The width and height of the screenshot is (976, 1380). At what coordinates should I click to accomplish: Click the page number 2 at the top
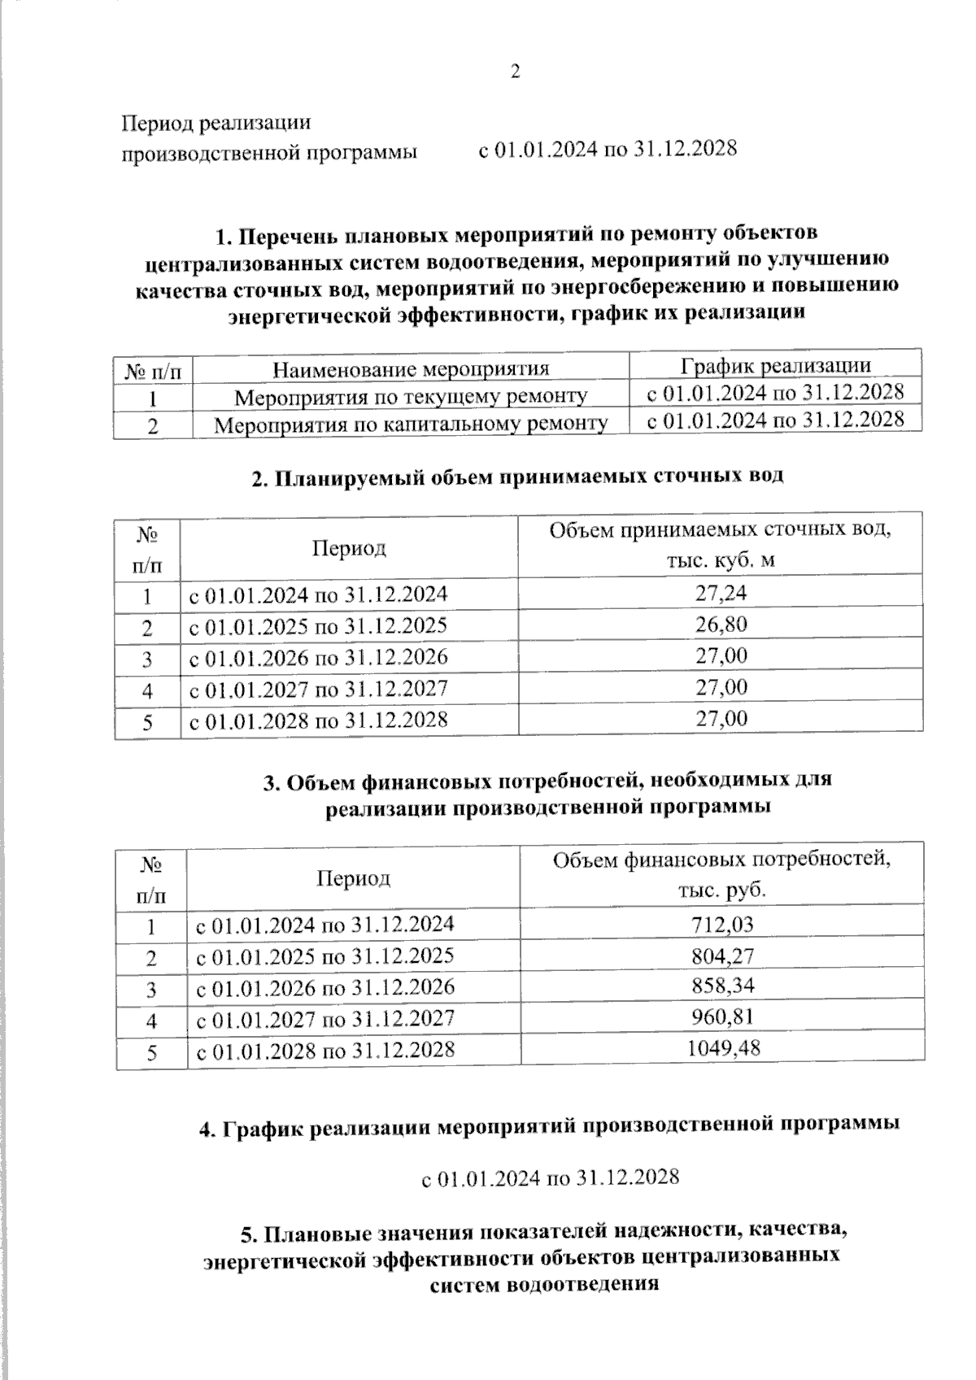click(514, 72)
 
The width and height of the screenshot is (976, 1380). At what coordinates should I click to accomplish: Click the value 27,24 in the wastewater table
click(721, 593)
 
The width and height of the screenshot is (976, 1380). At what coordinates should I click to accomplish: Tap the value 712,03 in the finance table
click(722, 924)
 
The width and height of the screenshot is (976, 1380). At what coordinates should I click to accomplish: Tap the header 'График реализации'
click(775, 366)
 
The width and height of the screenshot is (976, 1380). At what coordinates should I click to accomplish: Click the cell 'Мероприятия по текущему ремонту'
click(411, 397)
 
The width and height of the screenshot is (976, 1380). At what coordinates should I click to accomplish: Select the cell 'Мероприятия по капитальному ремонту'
click(411, 424)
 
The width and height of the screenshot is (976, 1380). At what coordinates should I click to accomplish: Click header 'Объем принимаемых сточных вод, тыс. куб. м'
click(721, 545)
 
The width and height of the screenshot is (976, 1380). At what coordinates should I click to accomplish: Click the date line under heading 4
click(550, 1177)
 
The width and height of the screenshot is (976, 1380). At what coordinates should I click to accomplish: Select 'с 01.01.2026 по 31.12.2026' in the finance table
click(325, 986)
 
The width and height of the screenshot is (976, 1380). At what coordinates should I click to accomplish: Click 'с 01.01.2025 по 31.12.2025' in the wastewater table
click(318, 625)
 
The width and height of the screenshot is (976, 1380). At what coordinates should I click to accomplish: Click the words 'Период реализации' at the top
click(216, 124)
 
